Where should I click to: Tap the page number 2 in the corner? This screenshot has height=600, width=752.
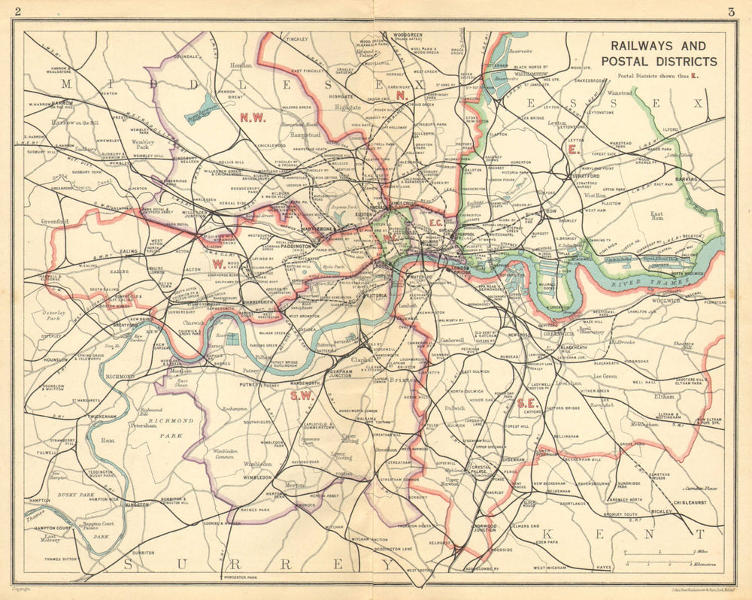(17, 11)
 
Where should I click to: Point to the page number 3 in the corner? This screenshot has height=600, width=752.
(730, 11)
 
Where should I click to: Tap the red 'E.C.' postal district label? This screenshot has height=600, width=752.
(435, 223)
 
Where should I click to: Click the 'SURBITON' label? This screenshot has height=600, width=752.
(143, 552)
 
